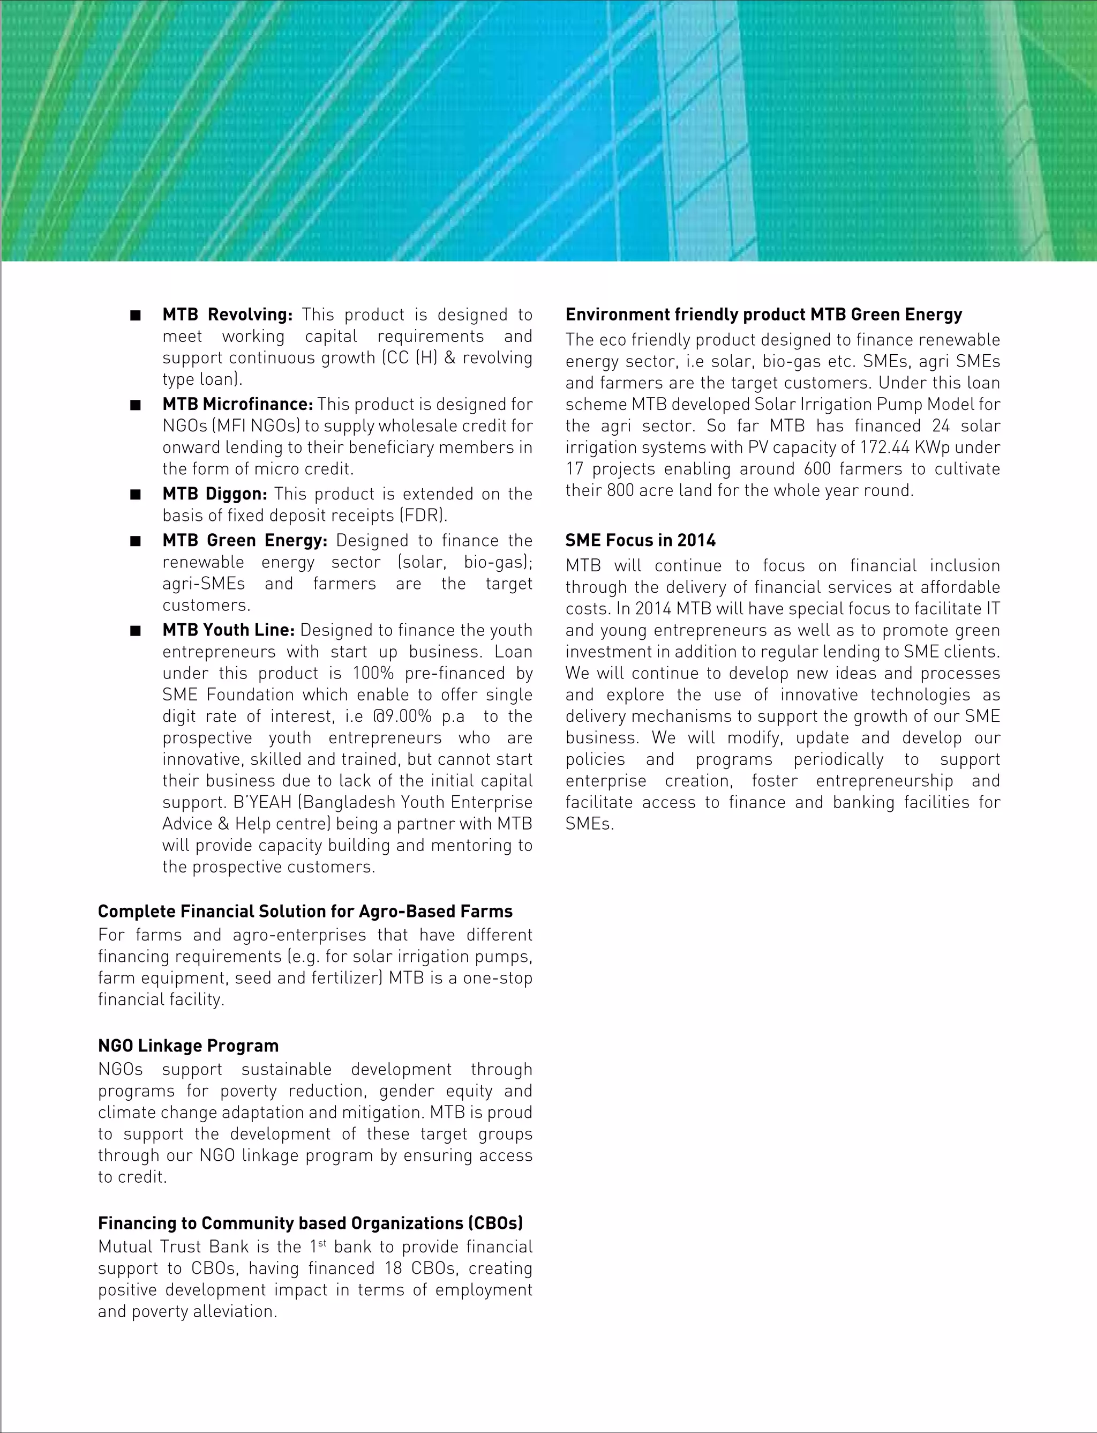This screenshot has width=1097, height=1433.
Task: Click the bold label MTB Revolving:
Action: pos(227,315)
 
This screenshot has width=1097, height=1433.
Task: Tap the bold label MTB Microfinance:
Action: pos(238,404)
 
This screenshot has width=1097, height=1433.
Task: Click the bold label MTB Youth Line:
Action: pos(229,630)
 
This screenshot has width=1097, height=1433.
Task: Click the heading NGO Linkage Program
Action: pos(188,1046)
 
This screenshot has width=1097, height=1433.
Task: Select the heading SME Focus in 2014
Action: pos(640,540)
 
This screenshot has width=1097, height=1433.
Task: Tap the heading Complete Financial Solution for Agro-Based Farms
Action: pos(305,911)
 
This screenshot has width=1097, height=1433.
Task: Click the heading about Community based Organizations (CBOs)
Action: pos(310,1223)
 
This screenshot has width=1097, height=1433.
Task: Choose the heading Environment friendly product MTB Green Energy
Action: pos(763,315)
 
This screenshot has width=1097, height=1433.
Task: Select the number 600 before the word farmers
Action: pos(808,469)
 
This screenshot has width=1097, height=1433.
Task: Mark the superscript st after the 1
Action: pos(322,1243)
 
